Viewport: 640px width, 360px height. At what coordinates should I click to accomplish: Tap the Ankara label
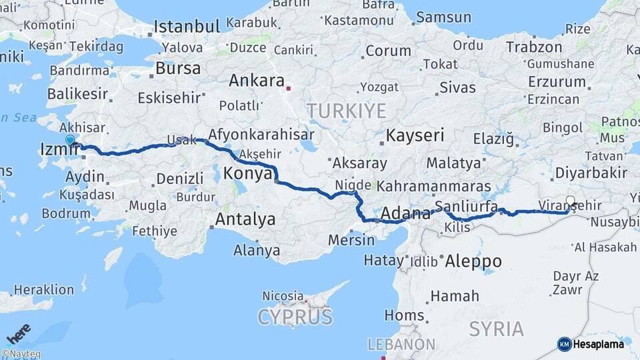(256, 81)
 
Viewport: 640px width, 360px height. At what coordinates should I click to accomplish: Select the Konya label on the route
(247, 173)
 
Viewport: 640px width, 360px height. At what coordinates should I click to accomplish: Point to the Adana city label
(405, 214)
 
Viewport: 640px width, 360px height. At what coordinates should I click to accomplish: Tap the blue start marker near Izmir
(70, 140)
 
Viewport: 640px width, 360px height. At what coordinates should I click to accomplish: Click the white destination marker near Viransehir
(570, 200)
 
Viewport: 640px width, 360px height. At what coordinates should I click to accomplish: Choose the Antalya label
(245, 219)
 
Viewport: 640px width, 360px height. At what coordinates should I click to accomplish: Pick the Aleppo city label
(473, 261)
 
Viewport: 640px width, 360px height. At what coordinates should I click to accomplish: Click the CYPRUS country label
(295, 317)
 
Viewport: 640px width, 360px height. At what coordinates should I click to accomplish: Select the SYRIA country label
(496, 329)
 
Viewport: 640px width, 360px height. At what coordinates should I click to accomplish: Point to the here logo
(19, 332)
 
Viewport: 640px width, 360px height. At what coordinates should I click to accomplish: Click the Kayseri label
(415, 135)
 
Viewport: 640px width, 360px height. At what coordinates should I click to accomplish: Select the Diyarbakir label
(590, 173)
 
